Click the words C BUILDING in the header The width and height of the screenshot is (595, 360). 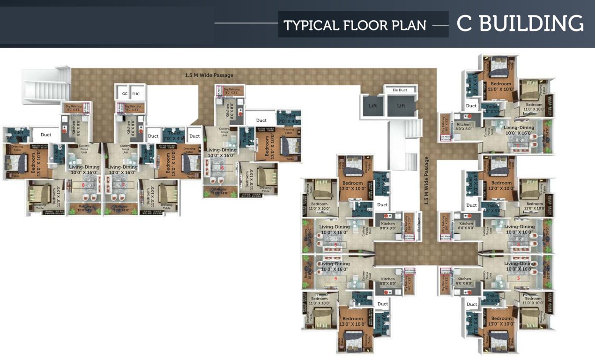(520, 24)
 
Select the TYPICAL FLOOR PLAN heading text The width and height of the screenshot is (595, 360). (355, 25)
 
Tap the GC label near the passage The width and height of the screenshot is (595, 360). (125, 94)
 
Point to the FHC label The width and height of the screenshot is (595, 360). (136, 94)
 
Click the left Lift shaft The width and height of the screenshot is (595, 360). (373, 106)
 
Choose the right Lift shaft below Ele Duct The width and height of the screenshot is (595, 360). (401, 106)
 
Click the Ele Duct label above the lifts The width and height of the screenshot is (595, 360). (400, 90)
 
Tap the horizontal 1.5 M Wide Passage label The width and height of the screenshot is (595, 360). (209, 75)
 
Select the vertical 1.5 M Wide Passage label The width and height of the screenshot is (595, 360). (426, 180)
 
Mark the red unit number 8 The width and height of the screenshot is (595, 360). (83, 185)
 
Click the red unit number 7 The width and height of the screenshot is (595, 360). (123, 185)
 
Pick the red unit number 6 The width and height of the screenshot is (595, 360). (223, 168)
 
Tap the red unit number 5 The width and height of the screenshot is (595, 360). (335, 245)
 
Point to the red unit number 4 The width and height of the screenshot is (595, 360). (335, 278)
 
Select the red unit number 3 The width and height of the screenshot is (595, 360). (518, 278)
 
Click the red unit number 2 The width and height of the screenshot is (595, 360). (518, 245)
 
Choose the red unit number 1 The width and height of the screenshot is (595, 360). (518, 146)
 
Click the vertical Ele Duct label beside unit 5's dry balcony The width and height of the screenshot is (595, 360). (419, 226)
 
